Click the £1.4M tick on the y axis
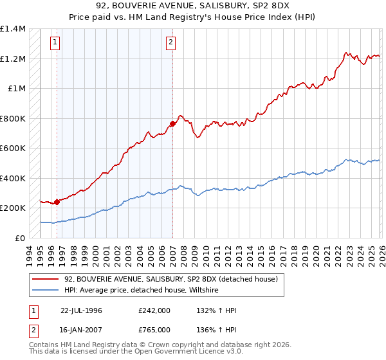[x=13, y=29]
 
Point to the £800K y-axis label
[x=13, y=118]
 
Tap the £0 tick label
[x=19, y=238]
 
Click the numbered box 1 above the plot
[x=55, y=43]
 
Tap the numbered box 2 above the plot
[x=170, y=43]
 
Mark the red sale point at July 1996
[x=57, y=202]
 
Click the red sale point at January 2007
[x=172, y=123]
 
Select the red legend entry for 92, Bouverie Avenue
[x=170, y=279]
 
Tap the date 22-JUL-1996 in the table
[x=82, y=310]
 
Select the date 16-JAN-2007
[x=82, y=330]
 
